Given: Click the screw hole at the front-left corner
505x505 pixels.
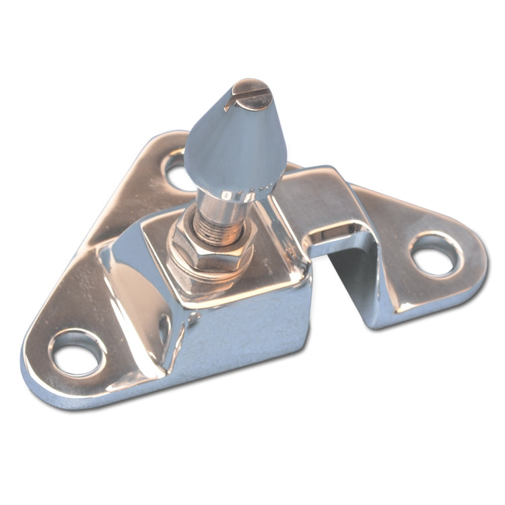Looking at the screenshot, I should [77, 352].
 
